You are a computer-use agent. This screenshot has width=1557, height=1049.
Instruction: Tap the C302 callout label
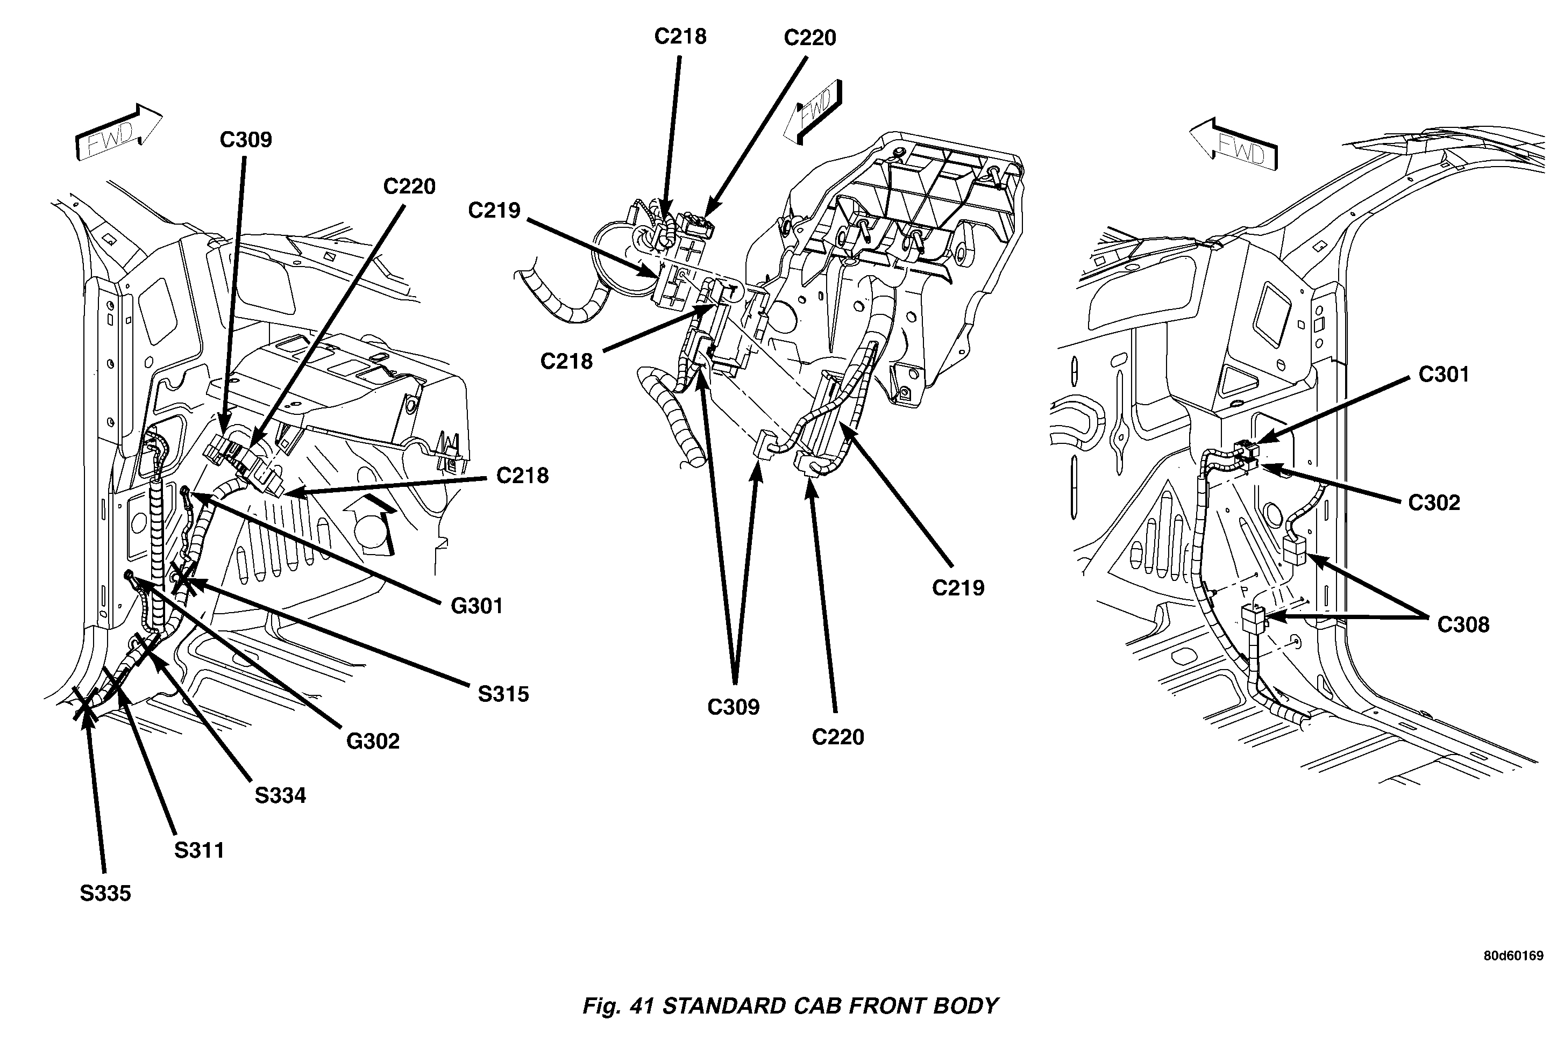click(1433, 503)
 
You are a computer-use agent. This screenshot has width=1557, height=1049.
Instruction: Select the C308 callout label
click(1463, 625)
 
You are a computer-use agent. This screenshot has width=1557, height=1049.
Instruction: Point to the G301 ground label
click(477, 606)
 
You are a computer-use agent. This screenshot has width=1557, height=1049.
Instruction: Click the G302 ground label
click(373, 741)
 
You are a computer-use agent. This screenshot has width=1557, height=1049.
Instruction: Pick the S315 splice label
click(503, 694)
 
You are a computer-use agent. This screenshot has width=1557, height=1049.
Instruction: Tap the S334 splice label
click(280, 796)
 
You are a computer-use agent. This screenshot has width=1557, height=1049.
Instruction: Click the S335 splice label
click(105, 894)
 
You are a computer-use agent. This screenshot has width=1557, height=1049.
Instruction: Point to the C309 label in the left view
click(246, 140)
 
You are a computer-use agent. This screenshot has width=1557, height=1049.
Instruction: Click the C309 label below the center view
click(733, 707)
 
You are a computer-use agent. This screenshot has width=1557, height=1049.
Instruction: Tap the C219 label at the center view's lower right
click(958, 588)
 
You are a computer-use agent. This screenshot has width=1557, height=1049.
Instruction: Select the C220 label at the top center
click(810, 38)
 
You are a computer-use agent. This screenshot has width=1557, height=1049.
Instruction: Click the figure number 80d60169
click(1513, 956)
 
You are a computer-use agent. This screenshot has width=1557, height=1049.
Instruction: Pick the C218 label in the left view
click(522, 476)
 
